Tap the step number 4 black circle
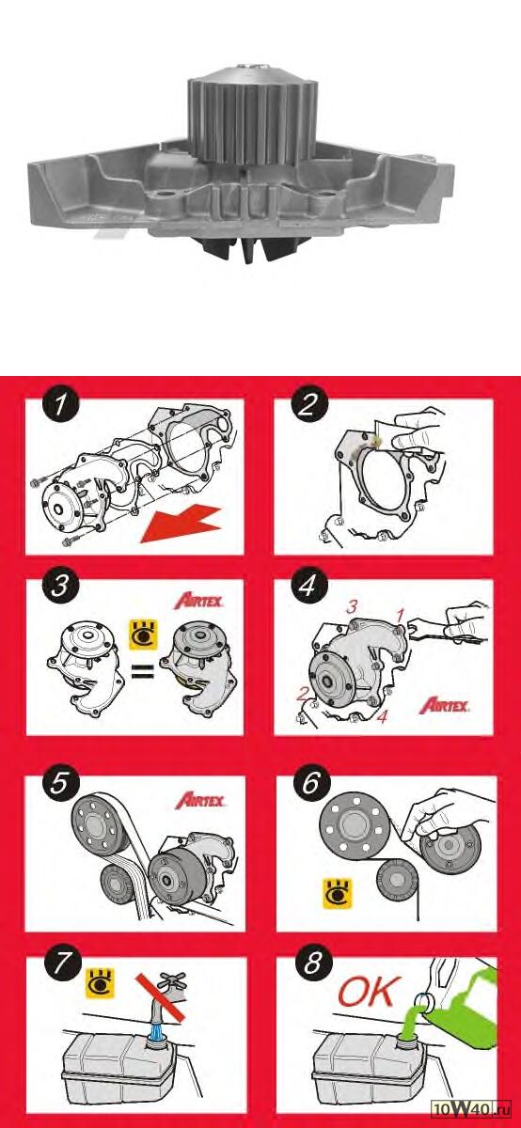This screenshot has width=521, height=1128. click(x=308, y=586)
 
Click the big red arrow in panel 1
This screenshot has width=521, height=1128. click(x=181, y=525)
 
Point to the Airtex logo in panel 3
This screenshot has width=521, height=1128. click(x=199, y=602)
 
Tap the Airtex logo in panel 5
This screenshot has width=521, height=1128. click(x=200, y=800)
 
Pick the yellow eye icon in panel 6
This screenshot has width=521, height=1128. click(x=337, y=894)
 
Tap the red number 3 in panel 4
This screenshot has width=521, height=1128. click(x=352, y=607)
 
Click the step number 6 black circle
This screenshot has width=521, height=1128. click(x=311, y=783)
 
